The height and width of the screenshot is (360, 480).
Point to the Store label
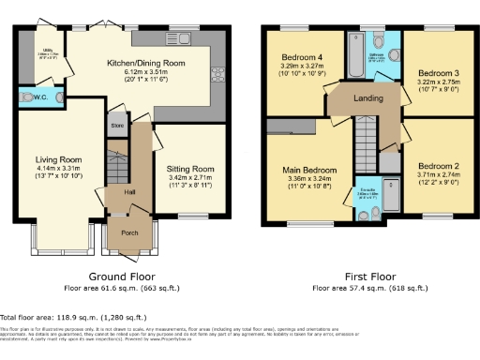117,125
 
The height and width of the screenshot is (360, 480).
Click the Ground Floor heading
122,277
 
